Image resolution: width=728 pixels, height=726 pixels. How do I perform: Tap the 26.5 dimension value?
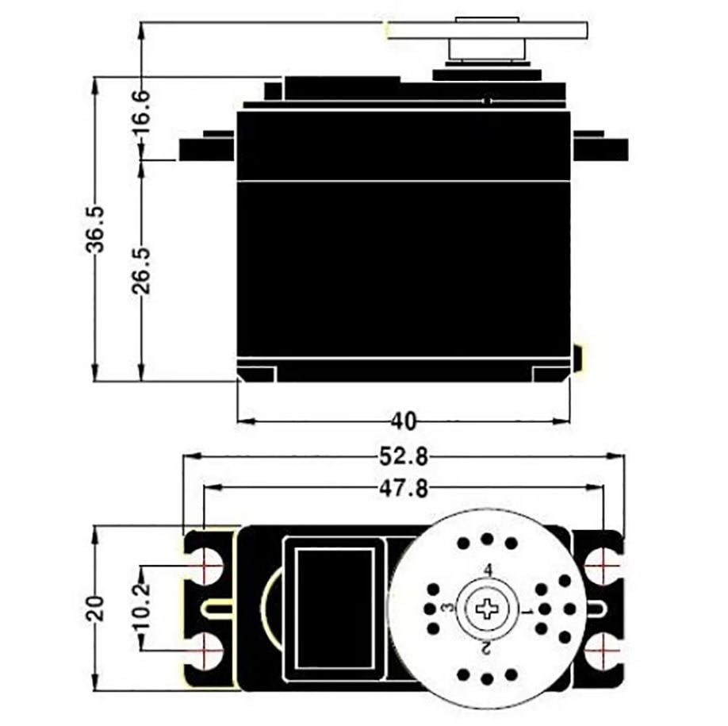coord(141,270)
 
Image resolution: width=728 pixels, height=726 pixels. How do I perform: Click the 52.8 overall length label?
coord(403,456)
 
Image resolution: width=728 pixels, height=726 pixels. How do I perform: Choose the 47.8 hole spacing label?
coord(403,489)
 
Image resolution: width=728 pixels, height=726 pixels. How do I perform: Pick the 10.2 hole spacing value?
coord(141,608)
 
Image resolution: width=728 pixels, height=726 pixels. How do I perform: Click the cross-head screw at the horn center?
coord(486,609)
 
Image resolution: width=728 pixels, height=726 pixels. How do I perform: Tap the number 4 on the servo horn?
coord(488,570)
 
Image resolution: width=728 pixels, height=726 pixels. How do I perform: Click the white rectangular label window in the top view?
coord(334,608)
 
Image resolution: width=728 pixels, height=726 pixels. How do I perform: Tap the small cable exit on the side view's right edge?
coord(578,358)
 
